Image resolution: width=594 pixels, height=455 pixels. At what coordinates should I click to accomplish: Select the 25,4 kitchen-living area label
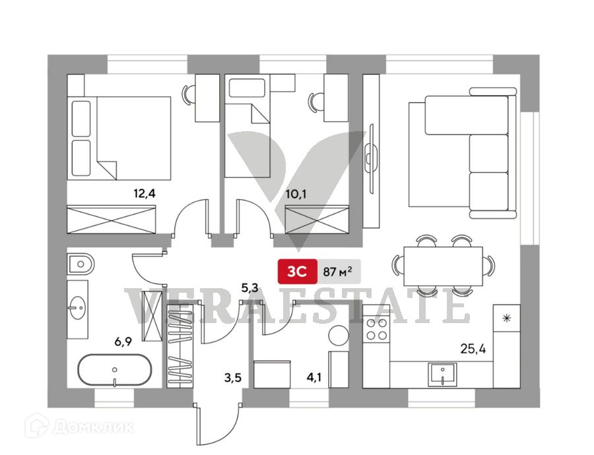click(x=473, y=349)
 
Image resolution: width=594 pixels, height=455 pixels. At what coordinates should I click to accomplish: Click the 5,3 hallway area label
click(x=250, y=288)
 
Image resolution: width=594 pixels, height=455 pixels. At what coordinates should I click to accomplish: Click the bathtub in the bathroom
click(x=114, y=371)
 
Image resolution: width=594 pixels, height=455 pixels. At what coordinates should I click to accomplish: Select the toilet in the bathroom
click(x=81, y=264)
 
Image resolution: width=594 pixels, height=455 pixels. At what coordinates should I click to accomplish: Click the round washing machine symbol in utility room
click(x=339, y=334)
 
